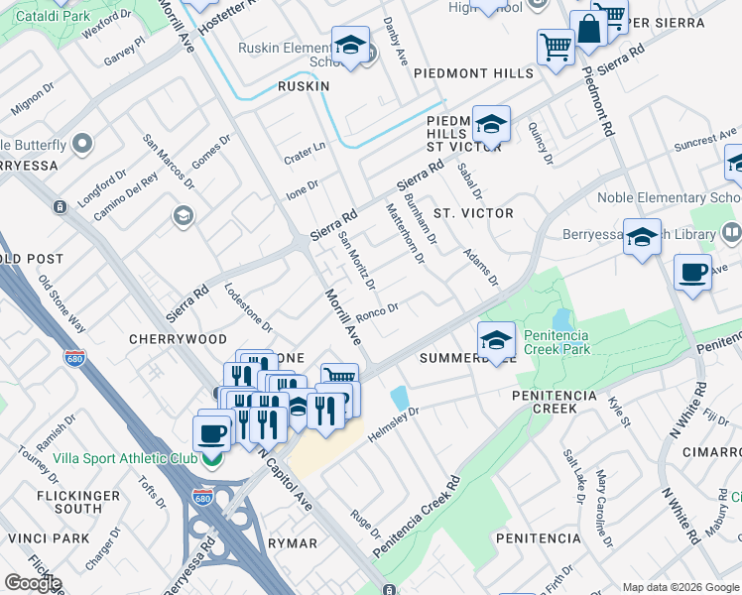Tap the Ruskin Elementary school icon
pos(350,46)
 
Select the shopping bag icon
pos(588,31)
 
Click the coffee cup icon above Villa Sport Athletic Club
pos(210,432)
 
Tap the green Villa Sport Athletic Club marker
pos(210,459)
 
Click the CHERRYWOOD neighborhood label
pos(178,339)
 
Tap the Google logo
pos(33,583)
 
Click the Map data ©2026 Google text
pos(680,587)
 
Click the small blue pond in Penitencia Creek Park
pos(563,319)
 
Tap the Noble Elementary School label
pos(667,197)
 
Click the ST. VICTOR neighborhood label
pos(473,213)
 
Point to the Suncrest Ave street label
pos(706,139)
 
